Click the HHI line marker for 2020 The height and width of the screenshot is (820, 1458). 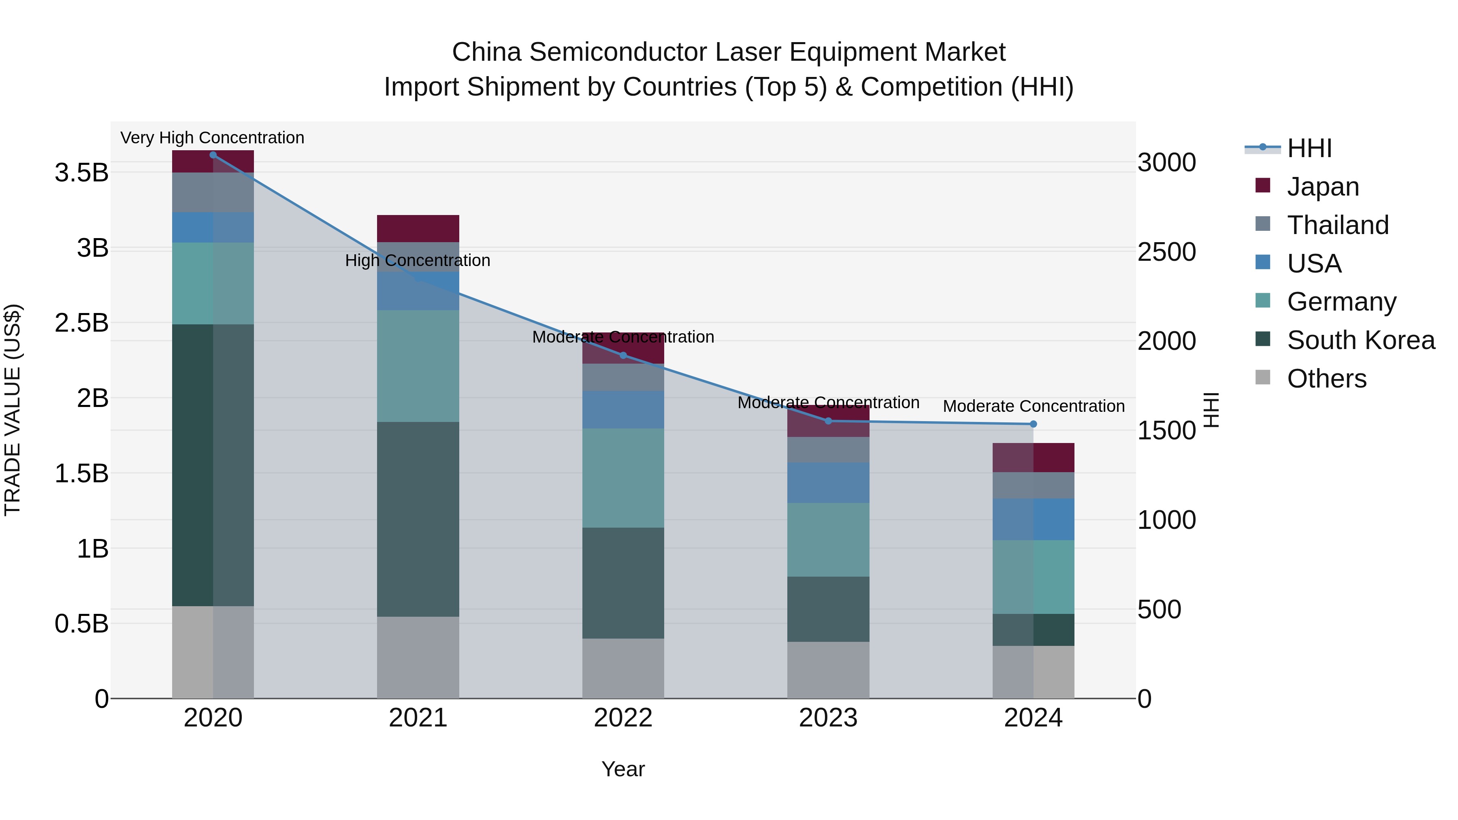pos(213,155)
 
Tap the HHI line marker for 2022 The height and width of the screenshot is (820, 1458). pos(623,356)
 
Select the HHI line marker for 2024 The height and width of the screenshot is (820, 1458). pos(1033,424)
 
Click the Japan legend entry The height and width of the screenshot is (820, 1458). pos(1322,187)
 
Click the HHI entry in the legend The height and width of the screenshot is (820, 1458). pos(1309,148)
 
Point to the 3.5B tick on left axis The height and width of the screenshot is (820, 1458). pos(81,173)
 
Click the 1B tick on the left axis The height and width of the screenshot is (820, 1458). pos(93,548)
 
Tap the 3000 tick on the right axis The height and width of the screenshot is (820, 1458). pos(1166,163)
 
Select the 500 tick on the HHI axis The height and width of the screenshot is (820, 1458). pos(1159,609)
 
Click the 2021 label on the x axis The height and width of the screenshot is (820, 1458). pos(418,718)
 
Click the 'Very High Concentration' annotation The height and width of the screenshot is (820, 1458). pos(212,138)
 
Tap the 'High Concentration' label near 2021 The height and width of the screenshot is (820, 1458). pos(418,261)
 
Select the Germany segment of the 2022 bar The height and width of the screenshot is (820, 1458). pos(623,478)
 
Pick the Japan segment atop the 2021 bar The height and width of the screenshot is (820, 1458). pos(418,229)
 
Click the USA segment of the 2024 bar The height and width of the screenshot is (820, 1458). pos(1033,519)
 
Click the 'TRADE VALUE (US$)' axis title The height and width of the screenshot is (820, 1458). pos(13,410)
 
